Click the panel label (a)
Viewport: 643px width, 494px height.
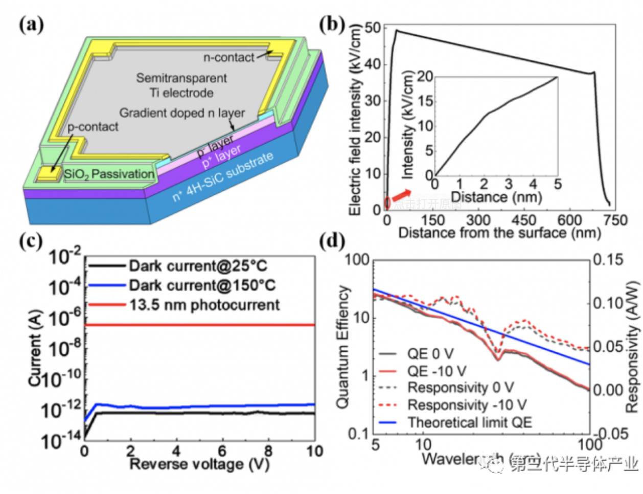coord(31,24)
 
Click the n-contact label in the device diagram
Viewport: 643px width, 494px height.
coord(228,58)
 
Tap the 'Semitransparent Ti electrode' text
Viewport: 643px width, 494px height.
coord(181,85)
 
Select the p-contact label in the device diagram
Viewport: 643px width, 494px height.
coord(93,127)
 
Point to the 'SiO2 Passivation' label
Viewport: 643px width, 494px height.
coord(109,174)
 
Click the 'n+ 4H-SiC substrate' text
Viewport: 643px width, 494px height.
coord(222,176)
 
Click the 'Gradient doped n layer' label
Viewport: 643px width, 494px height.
coord(182,113)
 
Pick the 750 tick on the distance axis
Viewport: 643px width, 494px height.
coord(615,220)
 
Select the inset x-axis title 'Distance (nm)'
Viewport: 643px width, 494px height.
coord(496,197)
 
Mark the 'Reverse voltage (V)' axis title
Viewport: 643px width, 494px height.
coord(199,464)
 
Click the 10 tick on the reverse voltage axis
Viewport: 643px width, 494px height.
coord(314,451)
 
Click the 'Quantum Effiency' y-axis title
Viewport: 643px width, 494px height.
coord(344,347)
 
